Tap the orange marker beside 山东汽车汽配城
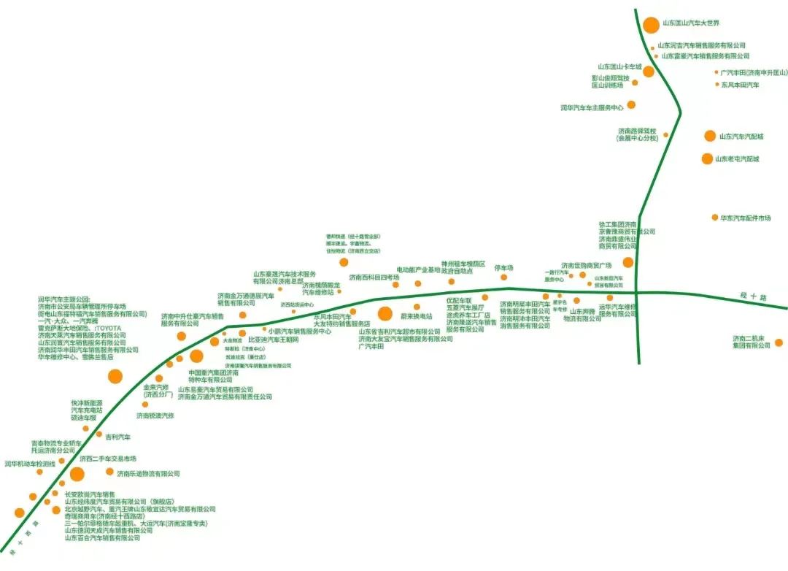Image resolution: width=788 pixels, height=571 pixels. [x=710, y=136]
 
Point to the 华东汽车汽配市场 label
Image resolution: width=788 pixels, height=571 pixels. [x=746, y=218]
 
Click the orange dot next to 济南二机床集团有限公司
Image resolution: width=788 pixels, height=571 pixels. [x=779, y=342]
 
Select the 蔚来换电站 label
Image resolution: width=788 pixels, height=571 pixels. [x=417, y=317]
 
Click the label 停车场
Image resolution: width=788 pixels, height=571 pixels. [x=503, y=268]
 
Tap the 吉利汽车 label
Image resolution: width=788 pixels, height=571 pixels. [x=117, y=437]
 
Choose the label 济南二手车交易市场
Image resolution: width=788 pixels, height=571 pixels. [x=108, y=459]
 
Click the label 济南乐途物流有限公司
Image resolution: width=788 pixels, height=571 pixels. [x=148, y=473]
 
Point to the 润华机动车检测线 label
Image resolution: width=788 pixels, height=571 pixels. [x=30, y=464]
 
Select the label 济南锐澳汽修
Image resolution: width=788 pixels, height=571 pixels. [x=155, y=415]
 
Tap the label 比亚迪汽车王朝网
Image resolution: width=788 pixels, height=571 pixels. [x=274, y=340]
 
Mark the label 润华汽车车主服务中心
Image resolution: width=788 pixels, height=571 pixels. [x=592, y=107]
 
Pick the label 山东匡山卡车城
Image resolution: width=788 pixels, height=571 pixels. [x=619, y=66]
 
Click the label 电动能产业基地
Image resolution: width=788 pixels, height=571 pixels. [x=419, y=269]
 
